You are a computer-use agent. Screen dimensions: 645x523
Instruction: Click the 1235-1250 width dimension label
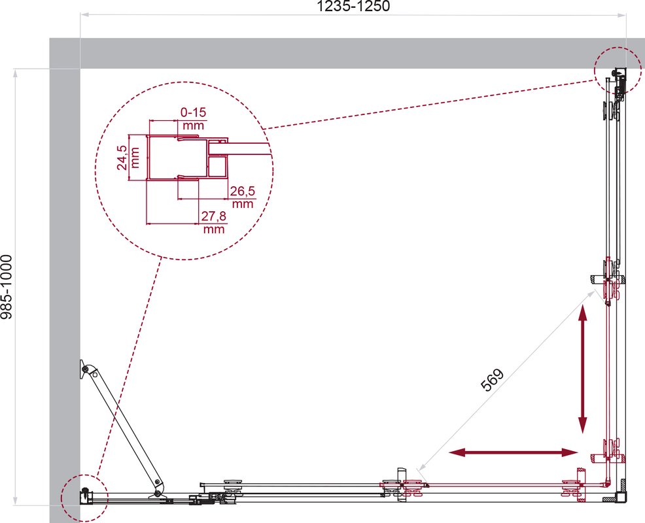pyautogui.click(x=353, y=7)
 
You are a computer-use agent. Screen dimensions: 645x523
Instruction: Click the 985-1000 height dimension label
pyautogui.click(x=7, y=287)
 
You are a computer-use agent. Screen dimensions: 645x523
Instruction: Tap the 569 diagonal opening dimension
pyautogui.click(x=493, y=380)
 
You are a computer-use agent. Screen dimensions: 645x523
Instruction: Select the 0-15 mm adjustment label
pyautogui.click(x=193, y=118)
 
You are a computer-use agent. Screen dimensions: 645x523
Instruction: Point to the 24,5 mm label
pyautogui.click(x=128, y=158)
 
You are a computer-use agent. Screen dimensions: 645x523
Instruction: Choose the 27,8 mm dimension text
pyautogui.click(x=214, y=222)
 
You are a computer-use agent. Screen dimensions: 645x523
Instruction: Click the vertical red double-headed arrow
pyautogui.click(x=582, y=369)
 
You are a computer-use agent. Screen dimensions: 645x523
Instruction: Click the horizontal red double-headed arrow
pyautogui.click(x=514, y=452)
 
